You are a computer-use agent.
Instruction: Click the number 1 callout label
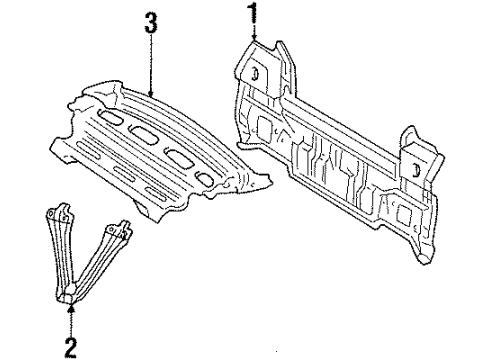click(253, 13)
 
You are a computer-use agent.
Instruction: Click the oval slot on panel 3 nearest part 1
click(208, 177)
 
